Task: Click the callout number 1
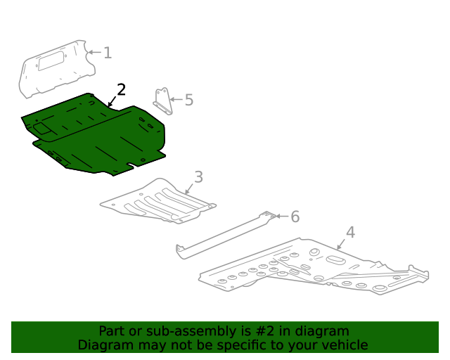pyautogui.click(x=108, y=52)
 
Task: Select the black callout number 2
pyautogui.click(x=121, y=89)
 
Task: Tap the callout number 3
pyautogui.click(x=198, y=176)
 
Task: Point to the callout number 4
pyautogui.click(x=350, y=232)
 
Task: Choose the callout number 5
pyautogui.click(x=188, y=100)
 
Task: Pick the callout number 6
pyautogui.click(x=295, y=217)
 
